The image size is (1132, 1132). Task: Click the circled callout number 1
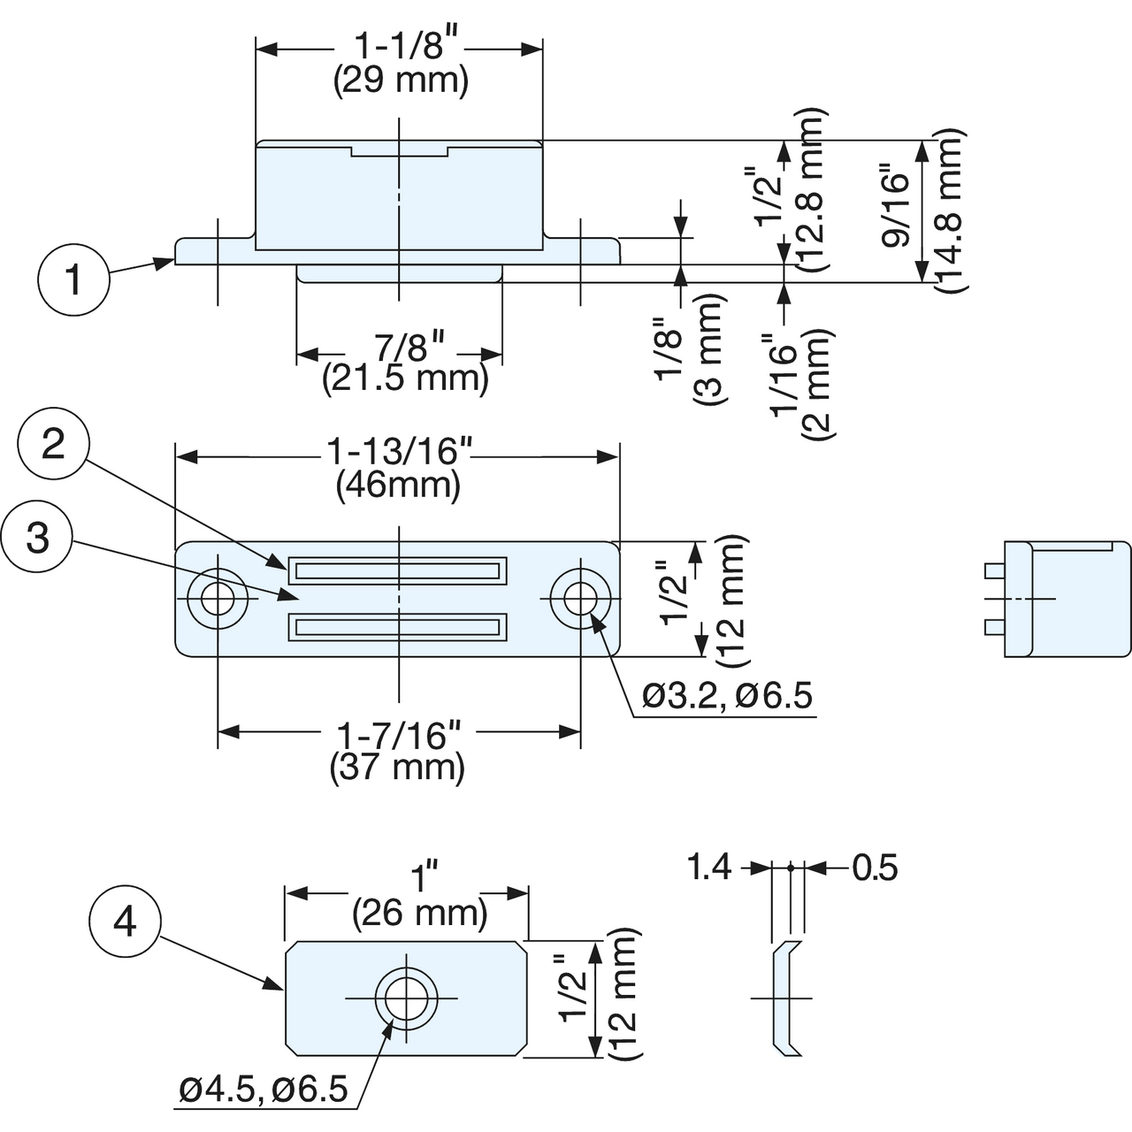(73, 281)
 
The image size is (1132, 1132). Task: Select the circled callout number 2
(53, 444)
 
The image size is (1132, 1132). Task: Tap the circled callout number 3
(37, 537)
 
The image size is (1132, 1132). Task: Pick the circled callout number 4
(125, 922)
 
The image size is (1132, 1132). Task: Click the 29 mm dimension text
(401, 81)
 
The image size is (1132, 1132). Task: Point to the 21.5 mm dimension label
(405, 379)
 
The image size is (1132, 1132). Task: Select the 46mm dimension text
(398, 486)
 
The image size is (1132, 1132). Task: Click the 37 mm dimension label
(397, 767)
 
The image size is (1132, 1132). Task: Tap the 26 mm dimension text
(419, 912)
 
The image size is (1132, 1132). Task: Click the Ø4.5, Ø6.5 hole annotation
(264, 1090)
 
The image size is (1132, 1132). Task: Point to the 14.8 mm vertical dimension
(950, 210)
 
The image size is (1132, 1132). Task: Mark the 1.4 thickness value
(709, 868)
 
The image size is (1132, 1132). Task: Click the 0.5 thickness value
(875, 868)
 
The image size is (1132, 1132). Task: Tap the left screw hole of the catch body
(218, 599)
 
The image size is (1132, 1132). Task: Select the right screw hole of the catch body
(579, 599)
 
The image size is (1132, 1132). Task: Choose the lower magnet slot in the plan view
(398, 628)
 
